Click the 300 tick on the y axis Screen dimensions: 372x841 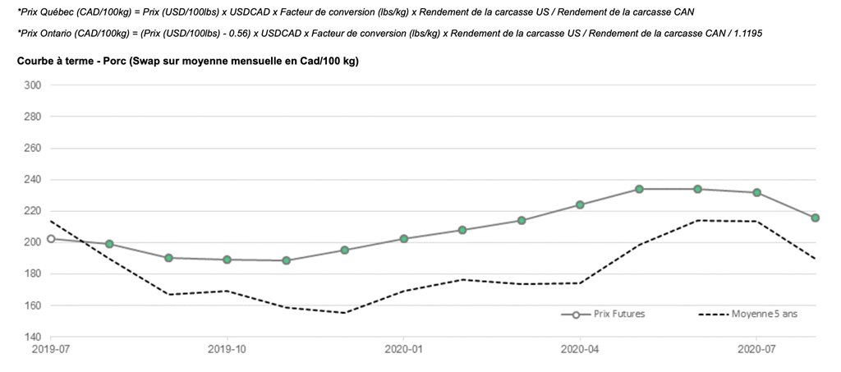(33, 85)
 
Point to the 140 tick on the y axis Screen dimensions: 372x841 (33, 337)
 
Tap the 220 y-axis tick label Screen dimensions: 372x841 (33, 211)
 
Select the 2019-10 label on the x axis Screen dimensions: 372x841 (227, 349)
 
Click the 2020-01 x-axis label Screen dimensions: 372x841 (403, 349)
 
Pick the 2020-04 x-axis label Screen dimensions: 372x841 (580, 349)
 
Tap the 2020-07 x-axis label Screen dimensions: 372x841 (756, 349)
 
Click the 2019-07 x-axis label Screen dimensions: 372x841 (51, 349)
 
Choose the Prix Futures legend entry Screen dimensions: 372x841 (598, 315)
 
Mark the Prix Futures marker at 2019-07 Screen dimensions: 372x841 (51, 239)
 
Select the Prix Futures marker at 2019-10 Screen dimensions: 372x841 (227, 259)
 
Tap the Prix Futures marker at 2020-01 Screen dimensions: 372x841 (404, 239)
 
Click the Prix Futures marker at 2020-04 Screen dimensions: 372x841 (580, 204)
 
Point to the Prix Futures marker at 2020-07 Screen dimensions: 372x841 (756, 193)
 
